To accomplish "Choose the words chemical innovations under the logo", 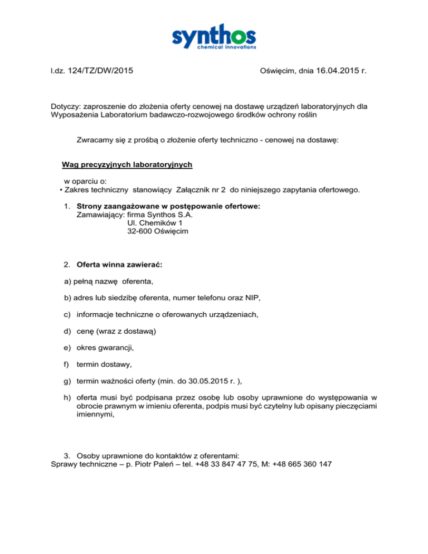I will click(x=229, y=47).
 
